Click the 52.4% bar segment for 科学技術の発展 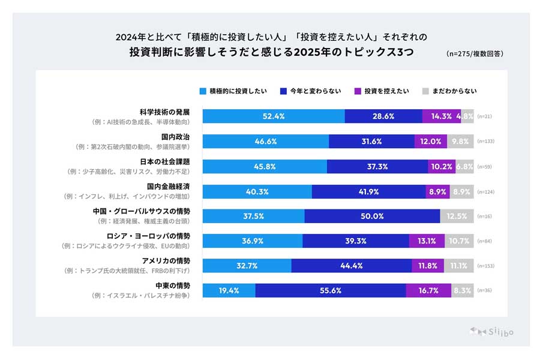[274, 116]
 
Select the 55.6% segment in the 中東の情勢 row [331, 290]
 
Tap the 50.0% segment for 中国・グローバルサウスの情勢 [372, 216]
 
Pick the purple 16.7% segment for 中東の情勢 [428, 290]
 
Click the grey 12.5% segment [457, 216]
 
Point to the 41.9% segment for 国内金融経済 [369, 191]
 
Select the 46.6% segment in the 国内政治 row [265, 142]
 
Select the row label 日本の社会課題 [165, 161]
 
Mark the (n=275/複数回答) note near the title [475, 53]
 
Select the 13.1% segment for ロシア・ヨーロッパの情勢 [427, 241]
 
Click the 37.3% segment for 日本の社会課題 [377, 166]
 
